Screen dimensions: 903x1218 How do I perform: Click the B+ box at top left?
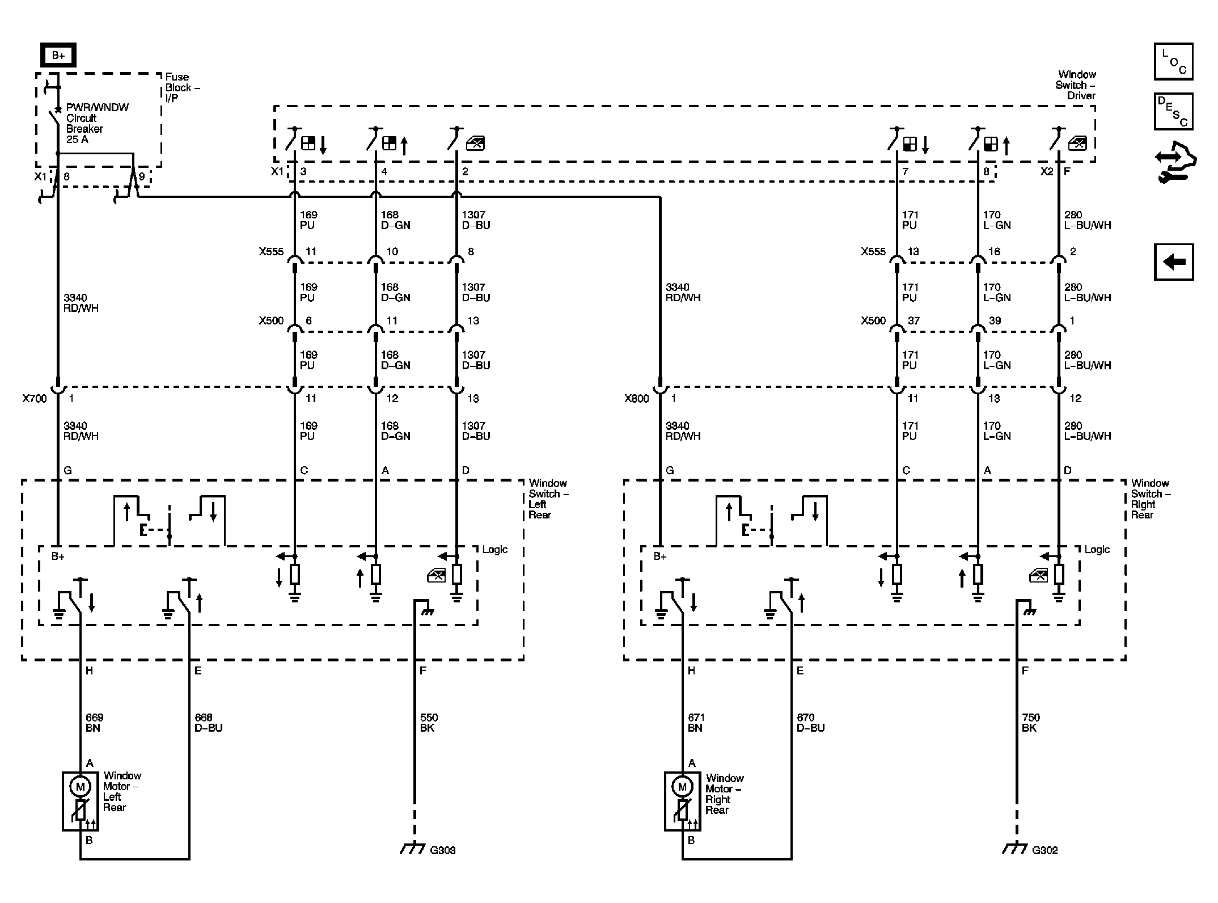click(x=58, y=55)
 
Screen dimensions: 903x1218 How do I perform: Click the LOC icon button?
click(x=1173, y=61)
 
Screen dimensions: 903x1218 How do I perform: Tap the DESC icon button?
click(x=1173, y=111)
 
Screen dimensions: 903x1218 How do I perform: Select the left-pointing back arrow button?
click(x=1173, y=262)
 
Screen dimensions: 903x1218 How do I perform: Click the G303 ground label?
click(x=442, y=850)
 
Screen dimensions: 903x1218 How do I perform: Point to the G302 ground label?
click(x=1044, y=850)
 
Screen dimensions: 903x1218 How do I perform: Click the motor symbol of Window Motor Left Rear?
click(x=80, y=787)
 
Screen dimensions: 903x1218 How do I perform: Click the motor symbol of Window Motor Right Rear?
click(x=682, y=787)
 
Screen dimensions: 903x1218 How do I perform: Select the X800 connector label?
click(x=636, y=399)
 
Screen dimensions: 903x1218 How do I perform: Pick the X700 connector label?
click(x=35, y=399)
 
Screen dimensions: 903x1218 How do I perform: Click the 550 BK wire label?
click(x=429, y=723)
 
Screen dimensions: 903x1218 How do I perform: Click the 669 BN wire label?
click(x=94, y=723)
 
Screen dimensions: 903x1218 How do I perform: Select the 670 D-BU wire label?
click(x=810, y=723)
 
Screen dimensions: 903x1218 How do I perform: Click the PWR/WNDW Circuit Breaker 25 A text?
click(x=97, y=123)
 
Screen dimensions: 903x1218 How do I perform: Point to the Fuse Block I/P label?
click(x=181, y=87)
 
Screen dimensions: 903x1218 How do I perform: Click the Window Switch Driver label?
click(x=1076, y=85)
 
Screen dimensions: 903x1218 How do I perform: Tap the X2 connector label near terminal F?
click(x=1046, y=171)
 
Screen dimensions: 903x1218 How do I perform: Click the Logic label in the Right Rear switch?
click(x=1097, y=550)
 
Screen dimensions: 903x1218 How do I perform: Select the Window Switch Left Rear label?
click(x=547, y=499)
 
